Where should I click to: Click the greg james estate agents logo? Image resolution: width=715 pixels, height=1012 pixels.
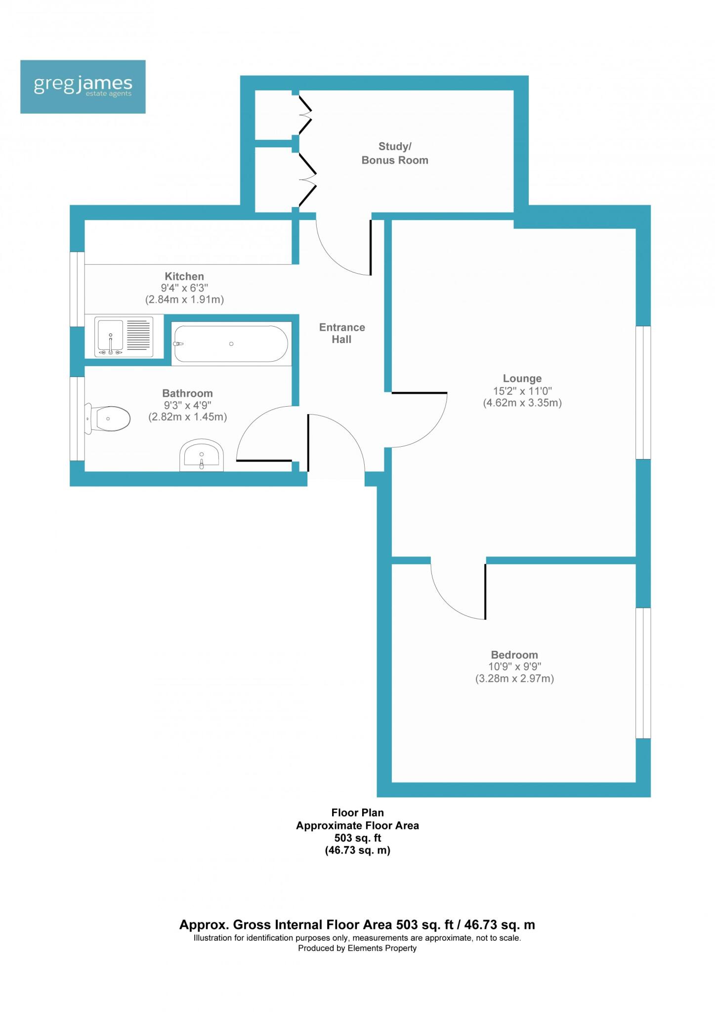(x=83, y=86)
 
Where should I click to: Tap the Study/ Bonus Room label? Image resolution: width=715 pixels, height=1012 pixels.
(x=394, y=153)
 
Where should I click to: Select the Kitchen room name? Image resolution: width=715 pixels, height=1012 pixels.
(x=184, y=276)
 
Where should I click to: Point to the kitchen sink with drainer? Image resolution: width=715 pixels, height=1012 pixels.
(x=124, y=336)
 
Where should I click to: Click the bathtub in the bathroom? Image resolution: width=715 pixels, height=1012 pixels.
(x=231, y=344)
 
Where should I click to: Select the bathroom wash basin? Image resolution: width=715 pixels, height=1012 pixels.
(x=202, y=455)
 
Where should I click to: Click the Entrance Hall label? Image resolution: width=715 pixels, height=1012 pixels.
(x=342, y=333)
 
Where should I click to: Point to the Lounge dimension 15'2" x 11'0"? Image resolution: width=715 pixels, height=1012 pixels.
(x=522, y=391)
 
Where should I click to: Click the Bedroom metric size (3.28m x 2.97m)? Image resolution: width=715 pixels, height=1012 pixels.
(x=514, y=678)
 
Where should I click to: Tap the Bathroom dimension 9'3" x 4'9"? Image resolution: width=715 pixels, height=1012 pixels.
(x=187, y=405)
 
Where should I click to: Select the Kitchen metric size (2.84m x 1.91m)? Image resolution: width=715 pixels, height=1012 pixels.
(x=184, y=299)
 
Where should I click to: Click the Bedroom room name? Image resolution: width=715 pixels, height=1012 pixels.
(x=514, y=655)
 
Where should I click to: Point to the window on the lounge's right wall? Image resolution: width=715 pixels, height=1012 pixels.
(x=643, y=392)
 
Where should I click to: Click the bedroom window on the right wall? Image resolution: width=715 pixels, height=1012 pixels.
(x=643, y=673)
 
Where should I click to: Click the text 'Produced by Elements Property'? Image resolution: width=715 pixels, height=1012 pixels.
(x=357, y=948)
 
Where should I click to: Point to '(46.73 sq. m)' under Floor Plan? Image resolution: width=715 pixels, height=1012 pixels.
(x=357, y=850)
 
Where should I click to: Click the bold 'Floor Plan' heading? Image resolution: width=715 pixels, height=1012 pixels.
(x=357, y=812)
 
